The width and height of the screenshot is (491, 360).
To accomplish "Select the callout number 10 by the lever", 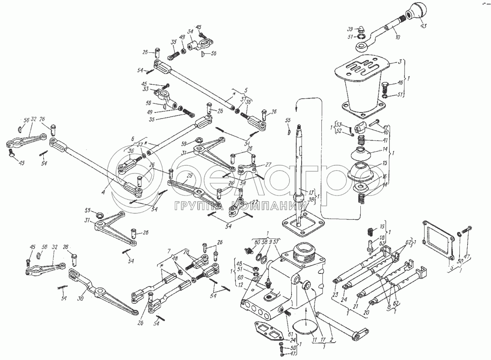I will (x=398, y=38).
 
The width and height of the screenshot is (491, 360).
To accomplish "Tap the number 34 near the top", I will (x=190, y=31).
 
